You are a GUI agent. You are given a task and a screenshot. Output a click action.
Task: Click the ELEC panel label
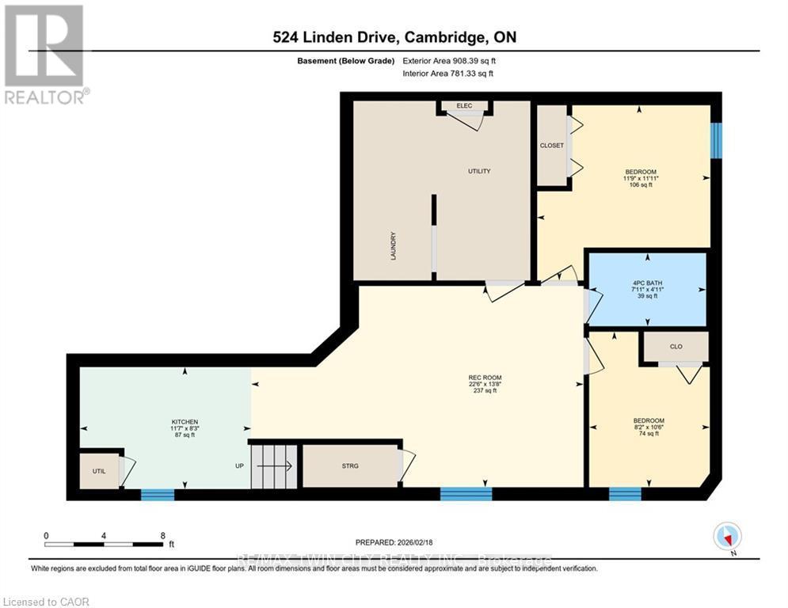[x=464, y=105]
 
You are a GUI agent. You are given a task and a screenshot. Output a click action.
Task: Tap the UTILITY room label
[x=478, y=171]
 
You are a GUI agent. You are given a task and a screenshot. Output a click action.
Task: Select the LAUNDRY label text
[x=393, y=245]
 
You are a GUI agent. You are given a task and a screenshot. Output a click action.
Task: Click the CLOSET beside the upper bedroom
[x=552, y=146]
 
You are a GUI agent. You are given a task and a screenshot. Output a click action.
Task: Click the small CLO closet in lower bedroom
[x=676, y=347]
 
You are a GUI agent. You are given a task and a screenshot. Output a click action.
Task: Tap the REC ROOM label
[x=485, y=383]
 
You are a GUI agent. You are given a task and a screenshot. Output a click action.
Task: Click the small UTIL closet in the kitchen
[x=99, y=471]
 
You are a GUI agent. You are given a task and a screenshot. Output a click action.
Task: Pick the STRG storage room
[x=350, y=466]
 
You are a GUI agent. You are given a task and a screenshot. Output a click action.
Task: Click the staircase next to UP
[x=274, y=467]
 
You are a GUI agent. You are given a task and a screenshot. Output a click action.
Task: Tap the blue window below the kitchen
[x=158, y=495]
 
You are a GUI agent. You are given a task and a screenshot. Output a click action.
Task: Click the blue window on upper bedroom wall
[x=716, y=140]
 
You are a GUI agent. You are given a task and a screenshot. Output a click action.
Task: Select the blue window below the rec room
[x=466, y=494]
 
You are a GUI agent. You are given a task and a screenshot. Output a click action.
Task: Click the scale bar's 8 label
[x=162, y=535]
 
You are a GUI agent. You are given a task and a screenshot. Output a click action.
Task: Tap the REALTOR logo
[x=45, y=54]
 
